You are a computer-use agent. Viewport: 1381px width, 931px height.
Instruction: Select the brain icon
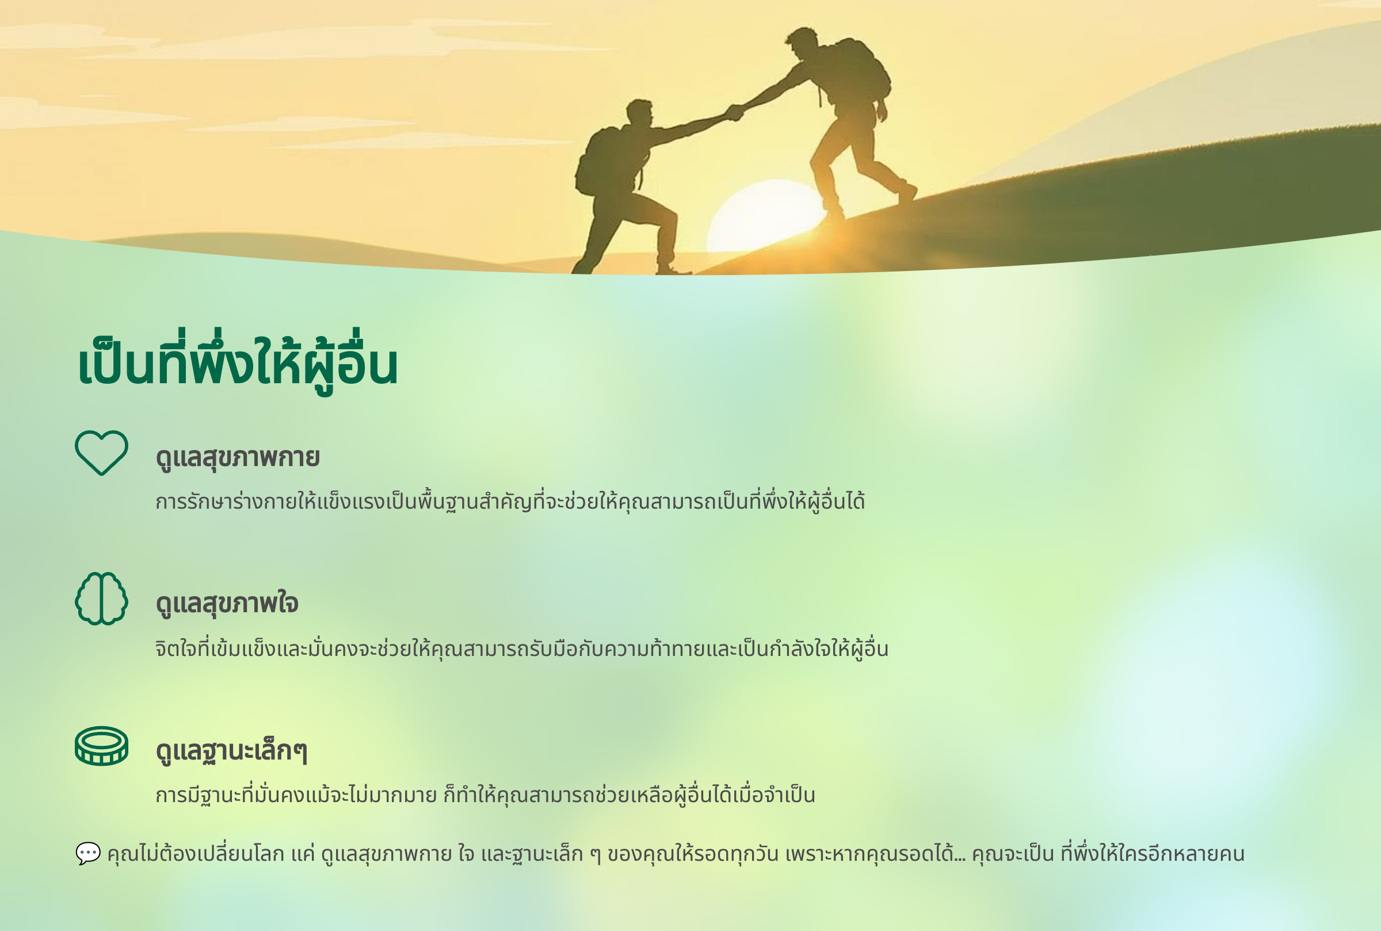tap(101, 598)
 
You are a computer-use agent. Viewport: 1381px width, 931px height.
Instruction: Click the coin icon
tap(101, 746)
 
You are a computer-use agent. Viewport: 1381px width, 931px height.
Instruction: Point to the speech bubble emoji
tap(88, 853)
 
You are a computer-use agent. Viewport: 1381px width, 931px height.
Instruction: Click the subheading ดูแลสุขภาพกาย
tap(238, 458)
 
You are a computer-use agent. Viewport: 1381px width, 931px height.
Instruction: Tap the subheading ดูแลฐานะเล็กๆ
tap(231, 750)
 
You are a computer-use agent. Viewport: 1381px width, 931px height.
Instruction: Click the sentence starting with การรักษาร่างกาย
tap(510, 501)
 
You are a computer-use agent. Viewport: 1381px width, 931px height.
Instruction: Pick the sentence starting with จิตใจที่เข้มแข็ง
tap(522, 648)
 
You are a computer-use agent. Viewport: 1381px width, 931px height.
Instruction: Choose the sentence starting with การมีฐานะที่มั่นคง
tap(485, 795)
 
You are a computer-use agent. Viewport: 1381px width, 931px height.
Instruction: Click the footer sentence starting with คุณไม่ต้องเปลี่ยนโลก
tap(676, 854)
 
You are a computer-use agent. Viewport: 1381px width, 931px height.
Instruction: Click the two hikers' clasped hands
tap(735, 112)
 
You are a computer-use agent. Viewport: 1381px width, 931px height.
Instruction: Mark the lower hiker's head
tap(640, 113)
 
